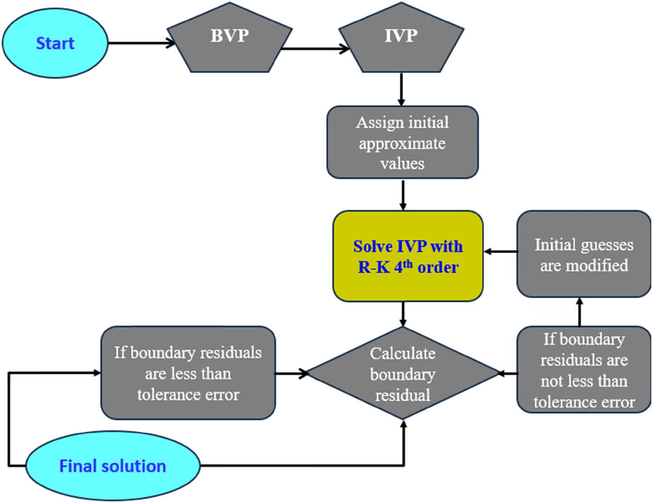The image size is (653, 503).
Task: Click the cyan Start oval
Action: (55, 43)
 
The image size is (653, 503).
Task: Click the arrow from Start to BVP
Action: (139, 43)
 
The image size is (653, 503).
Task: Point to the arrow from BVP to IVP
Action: (313, 48)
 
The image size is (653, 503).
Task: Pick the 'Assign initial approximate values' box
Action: (402, 142)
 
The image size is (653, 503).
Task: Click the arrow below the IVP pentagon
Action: (401, 89)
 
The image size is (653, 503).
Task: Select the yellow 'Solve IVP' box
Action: (407, 256)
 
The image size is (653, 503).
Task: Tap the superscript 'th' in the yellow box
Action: (408, 264)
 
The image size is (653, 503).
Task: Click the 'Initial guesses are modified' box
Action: (583, 255)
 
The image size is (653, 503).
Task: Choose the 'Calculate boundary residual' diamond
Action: (403, 374)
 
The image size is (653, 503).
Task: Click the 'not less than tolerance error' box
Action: (583, 370)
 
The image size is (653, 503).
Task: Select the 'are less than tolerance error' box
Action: (188, 373)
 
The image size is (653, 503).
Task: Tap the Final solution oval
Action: (113, 466)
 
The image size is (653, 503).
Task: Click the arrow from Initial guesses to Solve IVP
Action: (501, 251)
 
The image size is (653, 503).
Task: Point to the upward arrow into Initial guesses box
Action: (579, 312)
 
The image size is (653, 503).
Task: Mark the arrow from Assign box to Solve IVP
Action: (403, 194)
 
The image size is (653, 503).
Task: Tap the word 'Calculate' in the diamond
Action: (403, 353)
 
